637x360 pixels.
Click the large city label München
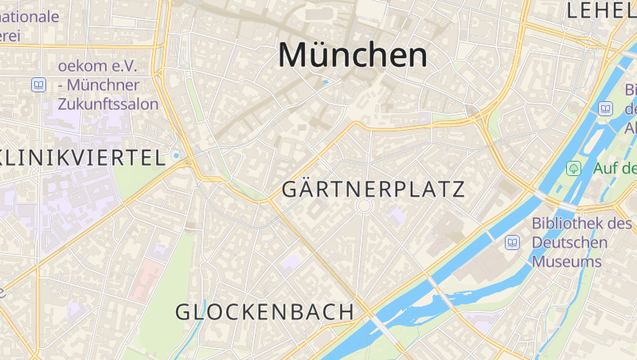(x=352, y=55)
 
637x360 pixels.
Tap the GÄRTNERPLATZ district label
(x=373, y=190)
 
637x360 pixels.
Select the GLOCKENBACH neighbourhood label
(x=264, y=312)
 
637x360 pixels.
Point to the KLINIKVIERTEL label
(x=82, y=157)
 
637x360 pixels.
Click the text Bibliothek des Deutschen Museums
(x=569, y=242)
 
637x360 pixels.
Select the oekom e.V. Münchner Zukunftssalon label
(x=108, y=84)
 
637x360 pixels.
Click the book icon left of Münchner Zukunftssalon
(x=38, y=84)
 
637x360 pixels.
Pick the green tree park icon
(x=573, y=168)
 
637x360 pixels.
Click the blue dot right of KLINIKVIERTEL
(x=176, y=156)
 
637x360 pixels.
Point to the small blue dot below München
(x=326, y=82)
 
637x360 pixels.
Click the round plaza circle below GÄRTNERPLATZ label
(x=365, y=206)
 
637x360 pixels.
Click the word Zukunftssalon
(x=108, y=104)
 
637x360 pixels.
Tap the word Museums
(x=566, y=261)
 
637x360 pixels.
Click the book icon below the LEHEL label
(x=606, y=108)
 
